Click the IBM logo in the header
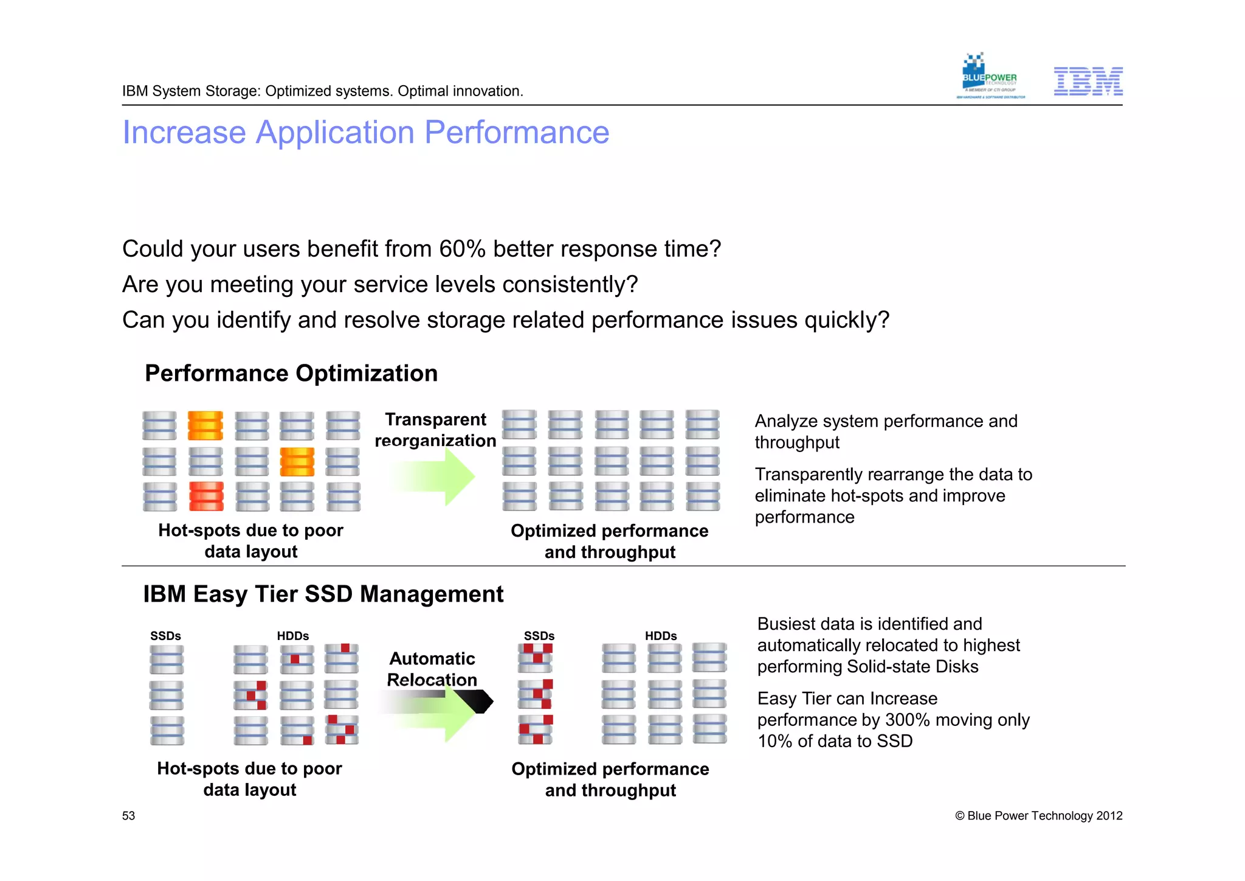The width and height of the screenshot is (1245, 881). tap(1088, 82)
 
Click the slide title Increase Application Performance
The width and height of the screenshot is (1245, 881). tap(365, 132)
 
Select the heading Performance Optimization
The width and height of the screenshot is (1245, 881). tap(291, 373)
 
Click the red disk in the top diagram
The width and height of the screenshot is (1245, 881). tap(206, 496)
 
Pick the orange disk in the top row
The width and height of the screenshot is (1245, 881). tap(205, 425)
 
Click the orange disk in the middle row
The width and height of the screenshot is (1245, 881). tap(297, 461)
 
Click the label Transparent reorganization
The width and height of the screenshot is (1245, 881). tap(435, 430)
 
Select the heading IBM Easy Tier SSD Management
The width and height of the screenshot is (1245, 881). tap(323, 594)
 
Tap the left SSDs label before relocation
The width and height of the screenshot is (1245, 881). tap(165, 636)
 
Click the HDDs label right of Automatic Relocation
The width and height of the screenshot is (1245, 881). tap(661, 636)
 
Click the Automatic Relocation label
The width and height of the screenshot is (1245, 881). tap(432, 669)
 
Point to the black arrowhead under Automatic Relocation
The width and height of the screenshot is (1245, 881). tap(478, 702)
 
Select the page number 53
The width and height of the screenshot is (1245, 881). tap(128, 816)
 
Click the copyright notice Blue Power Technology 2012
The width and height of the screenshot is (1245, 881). tap(1038, 816)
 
